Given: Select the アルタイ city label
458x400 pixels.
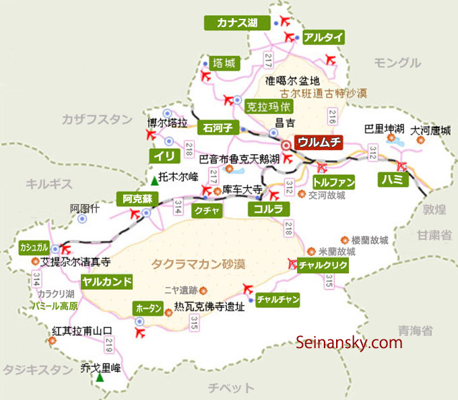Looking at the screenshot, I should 323,37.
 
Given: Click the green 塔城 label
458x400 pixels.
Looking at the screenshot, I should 224,63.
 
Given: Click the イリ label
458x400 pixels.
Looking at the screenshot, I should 164,156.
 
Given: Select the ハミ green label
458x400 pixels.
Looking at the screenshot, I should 392,180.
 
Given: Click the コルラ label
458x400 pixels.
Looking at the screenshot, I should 268,209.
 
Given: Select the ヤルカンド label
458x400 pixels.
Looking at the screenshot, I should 106,281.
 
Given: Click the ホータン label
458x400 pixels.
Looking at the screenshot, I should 149,308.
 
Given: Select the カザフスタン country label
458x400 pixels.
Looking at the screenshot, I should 97,119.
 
